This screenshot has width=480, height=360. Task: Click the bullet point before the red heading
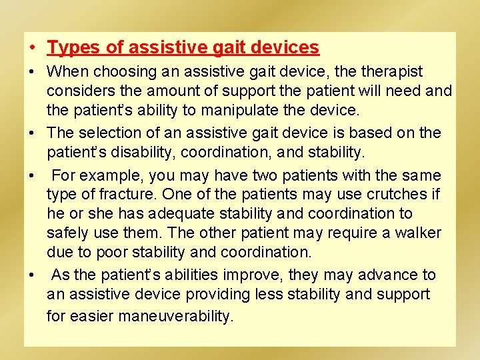(33, 49)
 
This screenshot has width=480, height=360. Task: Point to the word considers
(78, 91)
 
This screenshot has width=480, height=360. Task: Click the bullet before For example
(33, 177)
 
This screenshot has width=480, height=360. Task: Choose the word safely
(67, 233)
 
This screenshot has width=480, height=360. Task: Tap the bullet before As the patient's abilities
(33, 275)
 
